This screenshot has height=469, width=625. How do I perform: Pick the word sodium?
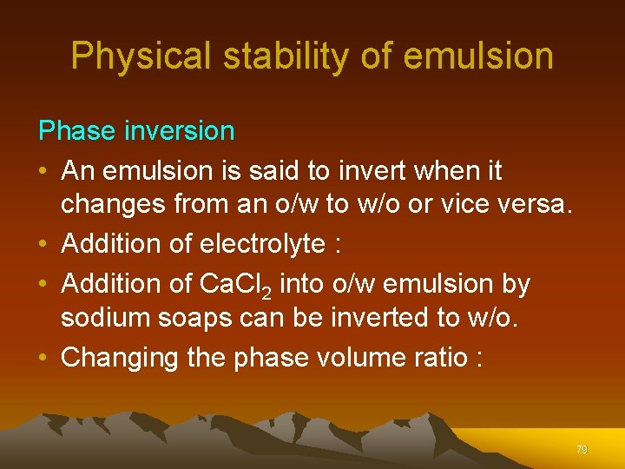pyautogui.click(x=106, y=319)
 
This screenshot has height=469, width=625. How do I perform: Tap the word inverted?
pyautogui.click(x=374, y=319)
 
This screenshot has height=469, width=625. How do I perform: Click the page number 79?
pyautogui.click(x=582, y=450)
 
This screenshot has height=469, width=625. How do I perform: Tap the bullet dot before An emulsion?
pyautogui.click(x=45, y=171)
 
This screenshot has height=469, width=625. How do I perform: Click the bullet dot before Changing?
pyautogui.click(x=45, y=358)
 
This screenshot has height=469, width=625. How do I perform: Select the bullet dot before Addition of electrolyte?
pyautogui.click(x=45, y=245)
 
